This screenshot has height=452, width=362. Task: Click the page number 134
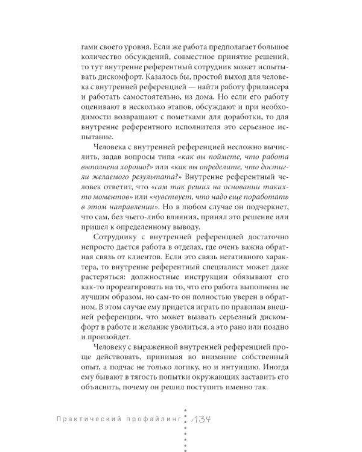point(202,420)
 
